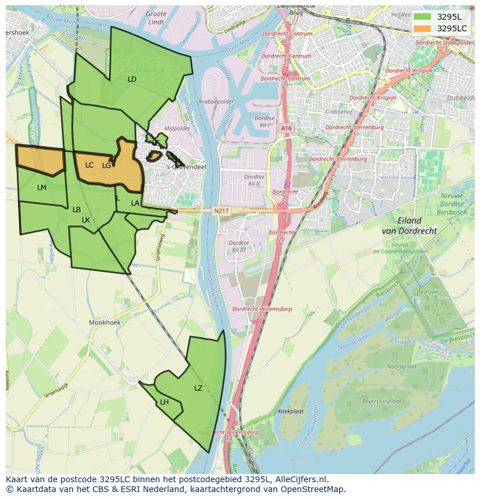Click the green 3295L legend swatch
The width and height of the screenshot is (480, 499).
[x=423, y=17]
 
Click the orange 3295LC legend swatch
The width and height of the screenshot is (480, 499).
[x=423, y=28]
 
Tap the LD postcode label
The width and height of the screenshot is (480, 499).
[x=132, y=79]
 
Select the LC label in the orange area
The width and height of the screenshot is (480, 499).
[x=89, y=165]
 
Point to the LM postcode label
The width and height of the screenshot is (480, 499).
[x=42, y=188]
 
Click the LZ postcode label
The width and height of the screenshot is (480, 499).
[x=198, y=388]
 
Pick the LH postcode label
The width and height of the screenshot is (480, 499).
[x=165, y=402]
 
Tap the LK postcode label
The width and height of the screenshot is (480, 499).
[x=86, y=220]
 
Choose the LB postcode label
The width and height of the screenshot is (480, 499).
[x=77, y=210]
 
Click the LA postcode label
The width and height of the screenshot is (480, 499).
[x=135, y=203]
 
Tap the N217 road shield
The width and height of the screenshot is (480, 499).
[x=220, y=211]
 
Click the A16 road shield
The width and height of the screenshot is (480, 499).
[x=286, y=128]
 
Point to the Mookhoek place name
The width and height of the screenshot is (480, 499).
[x=104, y=322]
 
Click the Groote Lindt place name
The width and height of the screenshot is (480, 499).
[x=156, y=17]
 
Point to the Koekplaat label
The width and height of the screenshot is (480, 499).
[x=290, y=411]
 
